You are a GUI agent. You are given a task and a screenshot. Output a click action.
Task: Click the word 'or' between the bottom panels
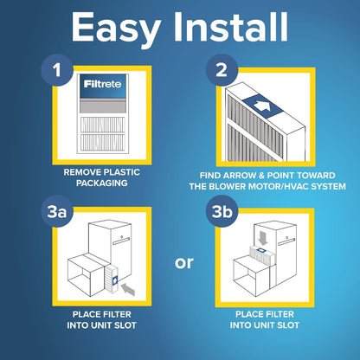click(184, 262)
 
